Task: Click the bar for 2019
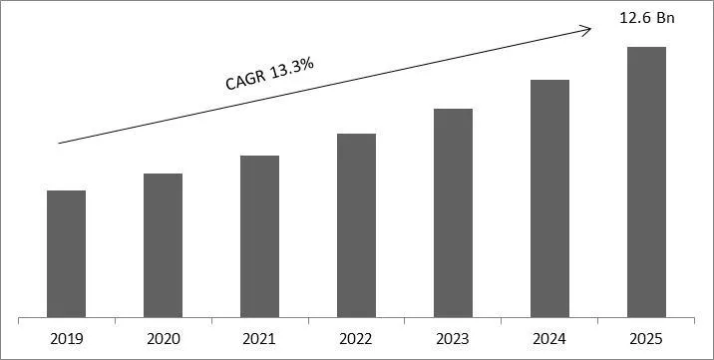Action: coord(66,254)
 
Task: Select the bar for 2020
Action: coord(163,245)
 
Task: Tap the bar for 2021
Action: coord(259,236)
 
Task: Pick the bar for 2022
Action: coord(356,225)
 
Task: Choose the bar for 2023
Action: coord(453,213)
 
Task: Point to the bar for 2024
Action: coord(549,198)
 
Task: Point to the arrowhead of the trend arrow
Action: coord(587,29)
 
